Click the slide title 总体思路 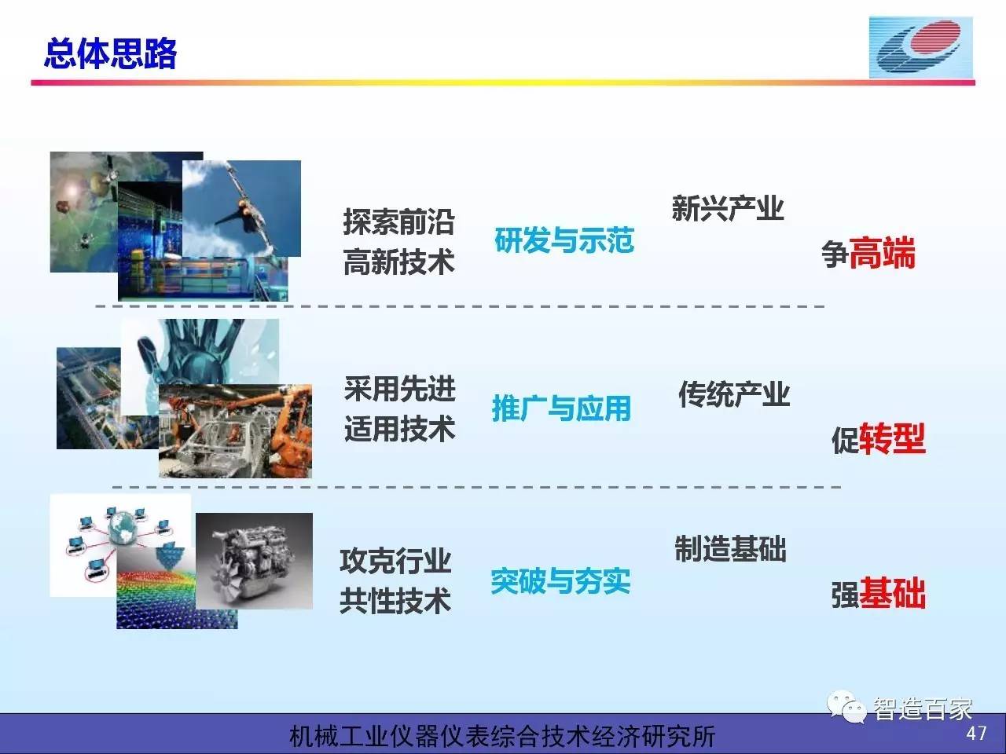point(110,54)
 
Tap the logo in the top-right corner point(921,48)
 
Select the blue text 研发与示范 point(564,240)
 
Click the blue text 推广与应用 point(561,408)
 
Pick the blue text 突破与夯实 point(560,581)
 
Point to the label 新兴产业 point(728,208)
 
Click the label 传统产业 point(734,393)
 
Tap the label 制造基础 point(731,548)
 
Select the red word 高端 point(882,253)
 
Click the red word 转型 point(892,438)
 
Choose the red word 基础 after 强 point(892,594)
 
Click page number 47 point(976,734)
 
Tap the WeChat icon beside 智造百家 point(846,707)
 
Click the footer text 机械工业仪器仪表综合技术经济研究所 point(502,736)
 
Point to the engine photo point(255,561)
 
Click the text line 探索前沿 point(398,222)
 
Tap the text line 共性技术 point(395,601)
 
